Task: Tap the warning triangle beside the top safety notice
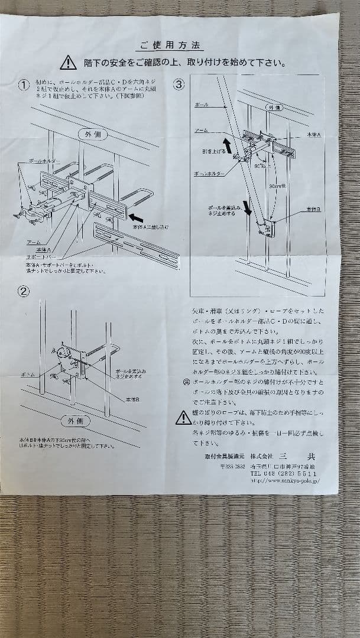[69, 63]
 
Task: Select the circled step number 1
[24, 84]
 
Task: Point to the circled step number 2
[24, 291]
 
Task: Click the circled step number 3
[179, 84]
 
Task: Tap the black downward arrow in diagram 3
[248, 207]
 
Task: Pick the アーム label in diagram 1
[34, 242]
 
